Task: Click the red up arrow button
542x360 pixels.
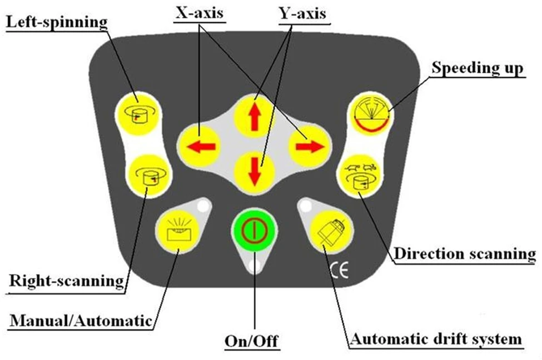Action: tap(255, 115)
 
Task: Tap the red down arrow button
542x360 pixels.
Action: tap(255, 172)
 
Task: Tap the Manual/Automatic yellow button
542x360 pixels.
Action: tap(178, 230)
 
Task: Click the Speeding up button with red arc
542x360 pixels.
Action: tap(371, 114)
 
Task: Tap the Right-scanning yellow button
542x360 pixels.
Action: tap(150, 176)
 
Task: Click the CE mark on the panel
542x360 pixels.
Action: tap(339, 270)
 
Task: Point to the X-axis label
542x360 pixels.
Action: tap(200, 13)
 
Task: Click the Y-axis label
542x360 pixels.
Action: tap(302, 14)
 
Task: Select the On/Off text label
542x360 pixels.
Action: tap(251, 341)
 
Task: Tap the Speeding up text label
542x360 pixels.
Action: tap(478, 68)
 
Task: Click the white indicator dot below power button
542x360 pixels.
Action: tap(255, 266)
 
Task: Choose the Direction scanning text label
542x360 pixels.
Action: tap(465, 254)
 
